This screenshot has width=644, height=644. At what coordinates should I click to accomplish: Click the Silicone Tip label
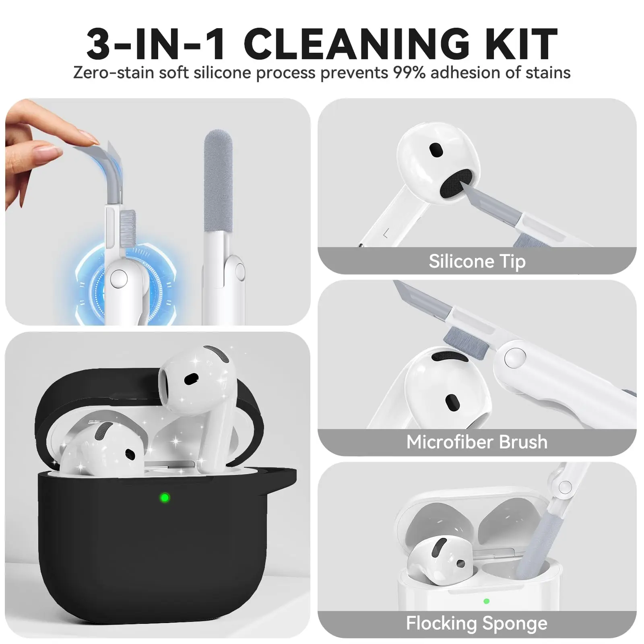[477, 261]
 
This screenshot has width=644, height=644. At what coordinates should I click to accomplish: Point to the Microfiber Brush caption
[477, 442]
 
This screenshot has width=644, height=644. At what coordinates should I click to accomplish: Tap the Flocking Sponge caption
[477, 623]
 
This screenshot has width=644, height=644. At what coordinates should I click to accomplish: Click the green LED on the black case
[165, 498]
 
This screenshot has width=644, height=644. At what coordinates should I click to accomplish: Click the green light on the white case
[486, 601]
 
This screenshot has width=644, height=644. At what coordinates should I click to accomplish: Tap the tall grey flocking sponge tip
[218, 181]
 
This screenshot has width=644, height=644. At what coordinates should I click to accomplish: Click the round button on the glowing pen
[119, 278]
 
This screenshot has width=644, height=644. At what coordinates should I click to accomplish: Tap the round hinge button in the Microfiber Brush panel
[515, 357]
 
